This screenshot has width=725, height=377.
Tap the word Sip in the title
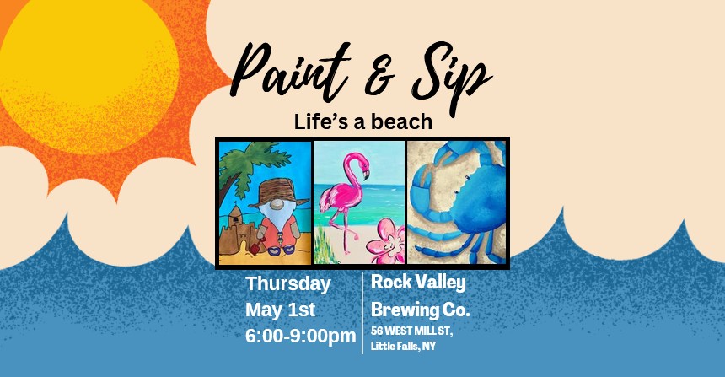tap(451, 76)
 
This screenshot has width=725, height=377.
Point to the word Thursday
tap(287, 284)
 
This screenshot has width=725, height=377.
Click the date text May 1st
tap(280, 310)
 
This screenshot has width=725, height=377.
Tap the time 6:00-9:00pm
tap(301, 337)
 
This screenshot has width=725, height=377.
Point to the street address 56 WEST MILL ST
tap(411, 331)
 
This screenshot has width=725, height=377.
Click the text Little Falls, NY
tap(403, 346)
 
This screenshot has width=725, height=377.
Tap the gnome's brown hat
tap(278, 192)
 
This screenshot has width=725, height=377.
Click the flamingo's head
tap(361, 164)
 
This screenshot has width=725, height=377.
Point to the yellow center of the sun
tap(89, 69)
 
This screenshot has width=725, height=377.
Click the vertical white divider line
tap(362, 313)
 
